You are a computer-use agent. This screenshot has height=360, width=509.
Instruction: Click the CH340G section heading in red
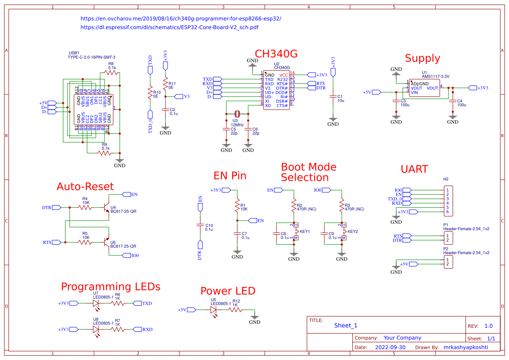point(276,54)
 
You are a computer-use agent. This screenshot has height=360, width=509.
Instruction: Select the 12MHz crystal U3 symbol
point(237,114)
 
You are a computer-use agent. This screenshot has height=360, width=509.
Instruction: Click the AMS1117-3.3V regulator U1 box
point(424,87)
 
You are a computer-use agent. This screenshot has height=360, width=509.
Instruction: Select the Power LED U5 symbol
point(213,310)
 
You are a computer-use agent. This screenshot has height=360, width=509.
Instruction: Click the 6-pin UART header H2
point(447,201)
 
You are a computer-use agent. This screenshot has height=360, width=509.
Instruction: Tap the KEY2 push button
point(342,232)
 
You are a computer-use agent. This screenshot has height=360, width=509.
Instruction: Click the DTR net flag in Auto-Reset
point(56,208)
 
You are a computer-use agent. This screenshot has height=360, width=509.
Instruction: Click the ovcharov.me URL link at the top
point(181,19)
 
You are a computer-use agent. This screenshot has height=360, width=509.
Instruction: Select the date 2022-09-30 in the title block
point(390,347)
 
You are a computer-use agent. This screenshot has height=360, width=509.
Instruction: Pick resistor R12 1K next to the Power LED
point(235,310)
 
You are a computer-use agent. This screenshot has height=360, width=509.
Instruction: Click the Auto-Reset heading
point(85,186)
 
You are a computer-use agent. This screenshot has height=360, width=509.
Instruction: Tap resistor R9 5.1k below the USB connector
point(105,152)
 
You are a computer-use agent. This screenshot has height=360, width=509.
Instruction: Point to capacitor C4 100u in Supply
point(453,101)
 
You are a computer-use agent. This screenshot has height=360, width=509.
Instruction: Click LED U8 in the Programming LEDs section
point(96,330)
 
